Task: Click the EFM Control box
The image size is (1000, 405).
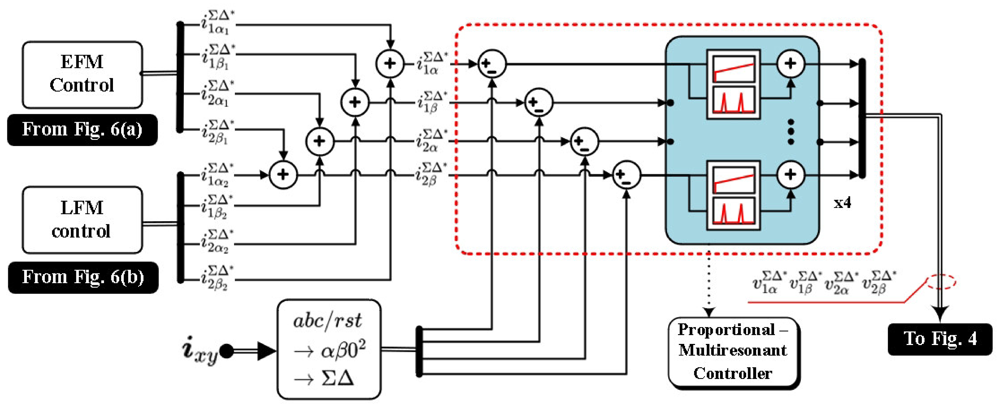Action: (82, 74)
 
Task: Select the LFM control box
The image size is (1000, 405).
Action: (82, 220)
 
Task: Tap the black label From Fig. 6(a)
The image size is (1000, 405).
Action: (82, 129)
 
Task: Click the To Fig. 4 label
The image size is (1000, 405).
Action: (939, 339)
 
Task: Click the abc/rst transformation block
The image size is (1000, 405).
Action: (329, 349)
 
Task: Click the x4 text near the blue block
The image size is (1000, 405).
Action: (842, 202)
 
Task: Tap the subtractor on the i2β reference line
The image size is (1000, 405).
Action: (626, 175)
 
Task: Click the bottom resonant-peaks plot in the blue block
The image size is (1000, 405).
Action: (733, 211)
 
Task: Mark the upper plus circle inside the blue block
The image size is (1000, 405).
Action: (790, 64)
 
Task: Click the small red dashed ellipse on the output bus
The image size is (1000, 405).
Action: (941, 282)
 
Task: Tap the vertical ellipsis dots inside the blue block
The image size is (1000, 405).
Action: (790, 132)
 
